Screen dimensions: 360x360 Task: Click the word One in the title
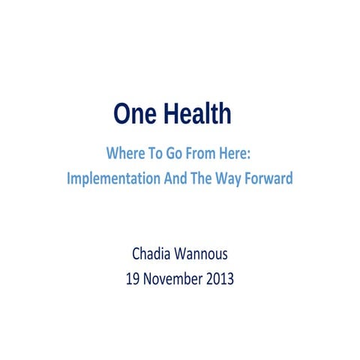pos(134,115)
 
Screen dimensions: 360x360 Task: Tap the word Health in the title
pos(196,115)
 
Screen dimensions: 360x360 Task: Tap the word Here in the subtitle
pos(235,154)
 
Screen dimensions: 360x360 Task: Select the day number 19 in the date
pos(135,279)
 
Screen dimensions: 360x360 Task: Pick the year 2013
pos(219,279)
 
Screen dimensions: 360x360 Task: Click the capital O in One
pos(122,115)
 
